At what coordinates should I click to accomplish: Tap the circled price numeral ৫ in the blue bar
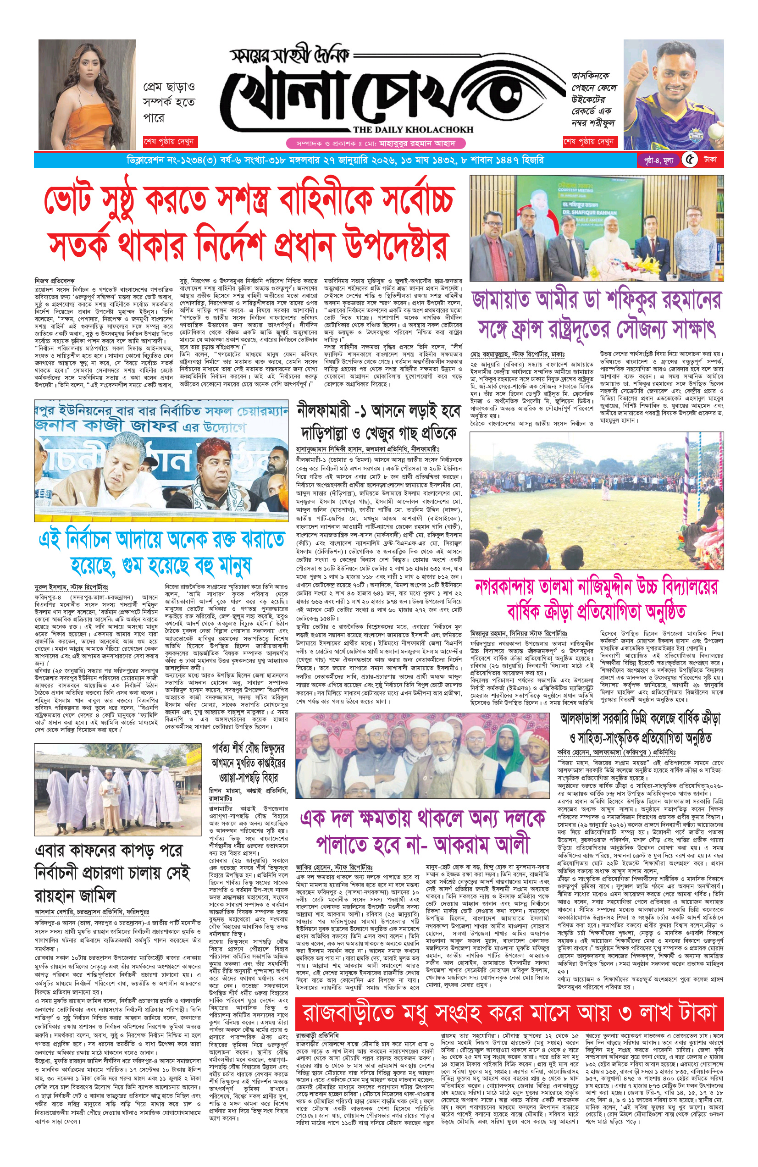[x=690, y=160]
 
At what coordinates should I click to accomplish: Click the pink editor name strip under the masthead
[x=376, y=144]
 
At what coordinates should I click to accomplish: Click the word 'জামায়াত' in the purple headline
[x=503, y=300]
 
